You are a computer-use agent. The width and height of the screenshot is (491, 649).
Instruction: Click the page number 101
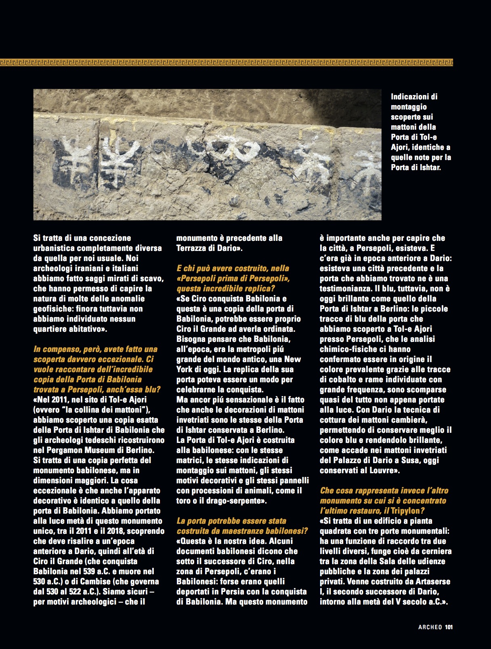449,627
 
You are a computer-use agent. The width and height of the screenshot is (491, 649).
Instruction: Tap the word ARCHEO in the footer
430,627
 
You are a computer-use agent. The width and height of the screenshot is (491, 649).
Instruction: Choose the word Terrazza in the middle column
193,248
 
